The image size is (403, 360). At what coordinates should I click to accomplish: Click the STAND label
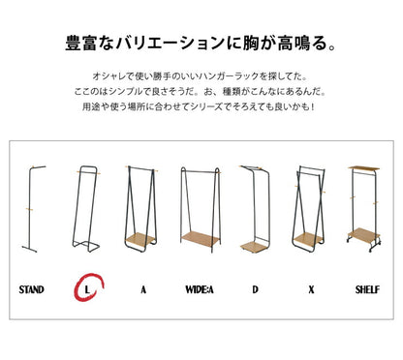(32, 287)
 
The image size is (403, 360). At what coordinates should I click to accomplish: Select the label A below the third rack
(142, 287)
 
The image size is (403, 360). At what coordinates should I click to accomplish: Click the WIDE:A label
(200, 287)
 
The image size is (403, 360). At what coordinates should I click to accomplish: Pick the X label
(313, 287)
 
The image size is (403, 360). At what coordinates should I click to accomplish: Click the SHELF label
(368, 287)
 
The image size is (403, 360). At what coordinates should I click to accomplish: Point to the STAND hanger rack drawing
(34, 208)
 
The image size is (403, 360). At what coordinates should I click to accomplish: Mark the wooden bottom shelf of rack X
(311, 238)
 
